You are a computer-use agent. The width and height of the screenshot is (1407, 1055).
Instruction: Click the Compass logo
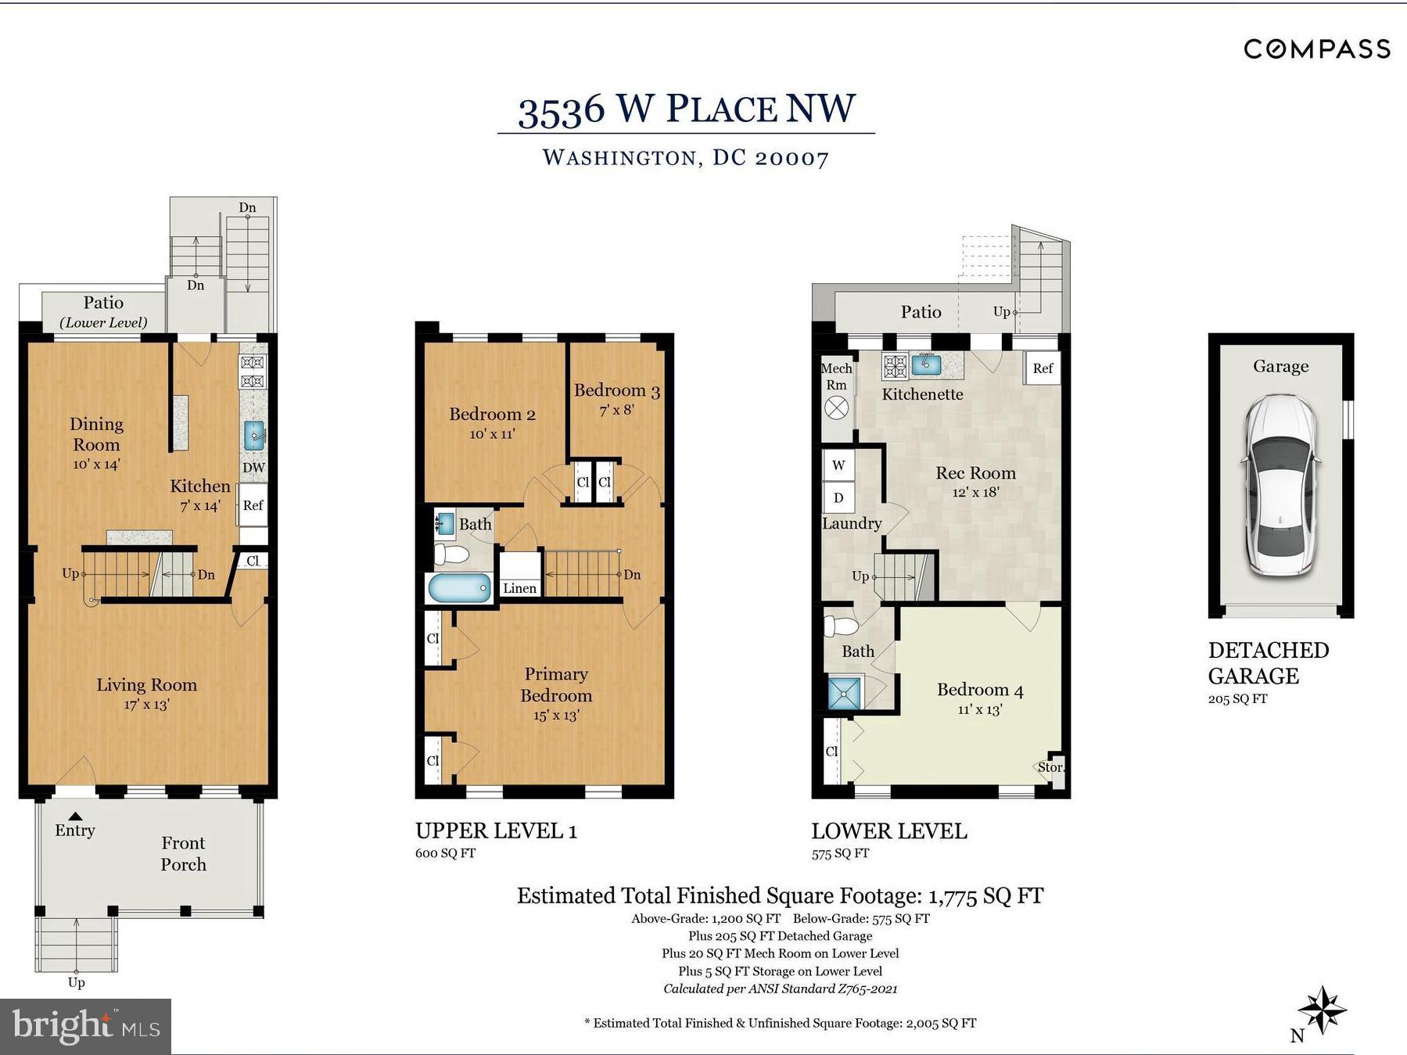point(1317,49)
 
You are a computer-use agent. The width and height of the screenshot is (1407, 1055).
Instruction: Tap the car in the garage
point(1281,486)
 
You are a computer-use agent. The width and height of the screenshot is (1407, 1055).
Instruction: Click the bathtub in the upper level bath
point(459,587)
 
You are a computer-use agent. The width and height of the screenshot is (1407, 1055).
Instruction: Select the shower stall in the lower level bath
point(844,693)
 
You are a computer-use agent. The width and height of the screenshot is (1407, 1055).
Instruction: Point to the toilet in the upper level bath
point(451,554)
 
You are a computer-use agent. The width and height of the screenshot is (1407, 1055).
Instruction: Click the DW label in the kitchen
point(253,468)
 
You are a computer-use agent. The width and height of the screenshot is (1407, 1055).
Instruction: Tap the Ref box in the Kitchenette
point(1043,368)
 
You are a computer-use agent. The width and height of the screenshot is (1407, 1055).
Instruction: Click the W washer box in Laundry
point(838,465)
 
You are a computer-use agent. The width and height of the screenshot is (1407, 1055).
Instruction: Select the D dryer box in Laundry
point(838,497)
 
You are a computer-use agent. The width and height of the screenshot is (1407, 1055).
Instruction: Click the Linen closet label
point(519,588)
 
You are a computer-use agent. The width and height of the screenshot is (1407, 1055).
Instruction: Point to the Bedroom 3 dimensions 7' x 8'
point(616,409)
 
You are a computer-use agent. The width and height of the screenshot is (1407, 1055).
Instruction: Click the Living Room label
point(146,685)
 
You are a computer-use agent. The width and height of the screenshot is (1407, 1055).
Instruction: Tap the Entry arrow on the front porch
point(75,816)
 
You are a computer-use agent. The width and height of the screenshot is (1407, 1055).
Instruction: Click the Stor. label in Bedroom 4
point(1050,767)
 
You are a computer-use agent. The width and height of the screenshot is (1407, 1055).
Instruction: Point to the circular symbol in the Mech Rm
point(837,407)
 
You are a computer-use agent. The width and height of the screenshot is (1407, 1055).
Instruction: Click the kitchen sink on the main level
point(254,435)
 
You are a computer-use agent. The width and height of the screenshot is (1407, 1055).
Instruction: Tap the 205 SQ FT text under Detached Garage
point(1237,698)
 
